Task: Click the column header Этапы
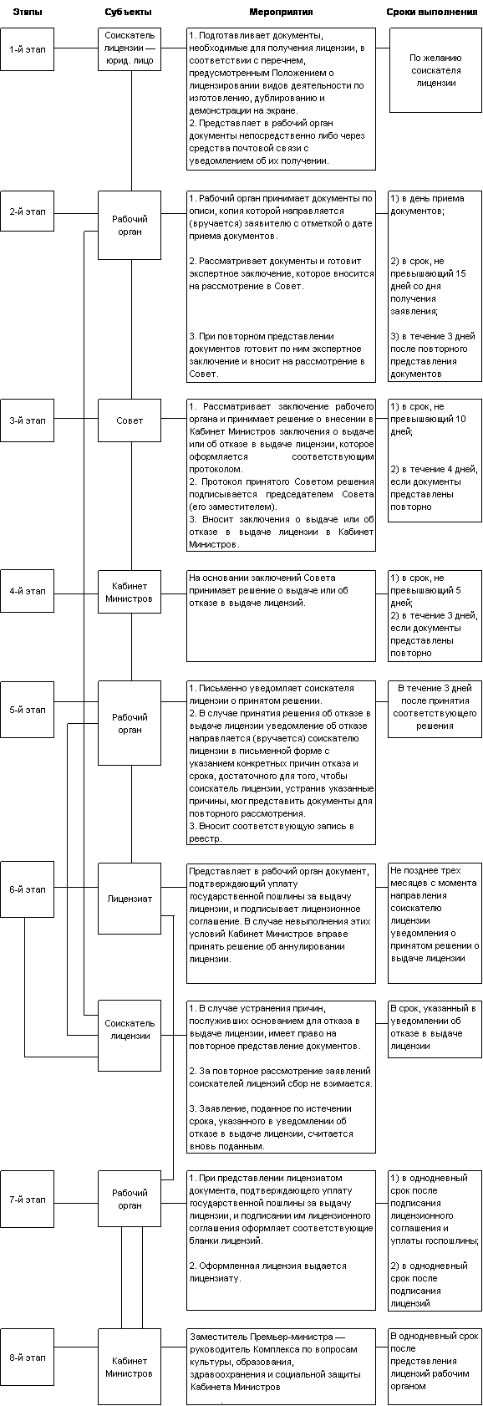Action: point(28,12)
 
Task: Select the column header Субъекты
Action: point(129,12)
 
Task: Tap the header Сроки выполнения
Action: point(431,12)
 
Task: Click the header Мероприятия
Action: point(281,12)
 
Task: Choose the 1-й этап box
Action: point(27,48)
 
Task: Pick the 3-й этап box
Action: point(27,420)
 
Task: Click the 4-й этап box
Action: point(27,591)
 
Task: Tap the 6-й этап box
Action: point(27,889)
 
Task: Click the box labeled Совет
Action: point(130,420)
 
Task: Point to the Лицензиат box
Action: point(130,899)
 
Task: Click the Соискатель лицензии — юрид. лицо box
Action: point(130,48)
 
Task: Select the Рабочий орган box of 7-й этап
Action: point(130,1199)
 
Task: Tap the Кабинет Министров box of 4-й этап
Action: point(130,592)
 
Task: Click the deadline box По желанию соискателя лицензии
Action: point(435,70)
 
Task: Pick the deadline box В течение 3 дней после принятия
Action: point(435,708)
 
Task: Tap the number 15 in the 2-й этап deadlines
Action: point(460,273)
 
